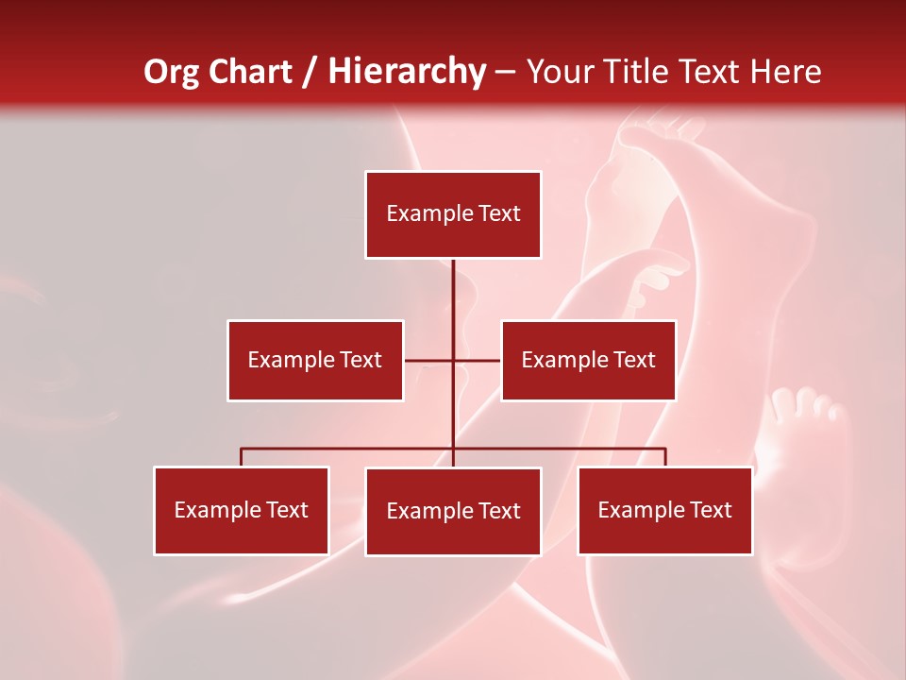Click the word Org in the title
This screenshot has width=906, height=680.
(171, 72)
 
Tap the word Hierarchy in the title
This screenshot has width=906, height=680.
(407, 72)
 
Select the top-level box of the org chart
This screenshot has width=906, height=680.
(453, 214)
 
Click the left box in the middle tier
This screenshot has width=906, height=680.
(314, 360)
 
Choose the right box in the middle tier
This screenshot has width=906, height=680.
(588, 360)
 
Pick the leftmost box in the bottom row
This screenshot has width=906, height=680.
(241, 510)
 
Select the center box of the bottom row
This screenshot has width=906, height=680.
(453, 511)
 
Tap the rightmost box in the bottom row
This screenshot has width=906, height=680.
(664, 510)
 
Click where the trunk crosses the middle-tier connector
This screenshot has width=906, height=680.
(453, 360)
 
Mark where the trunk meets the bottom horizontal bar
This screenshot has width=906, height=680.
(453, 449)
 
